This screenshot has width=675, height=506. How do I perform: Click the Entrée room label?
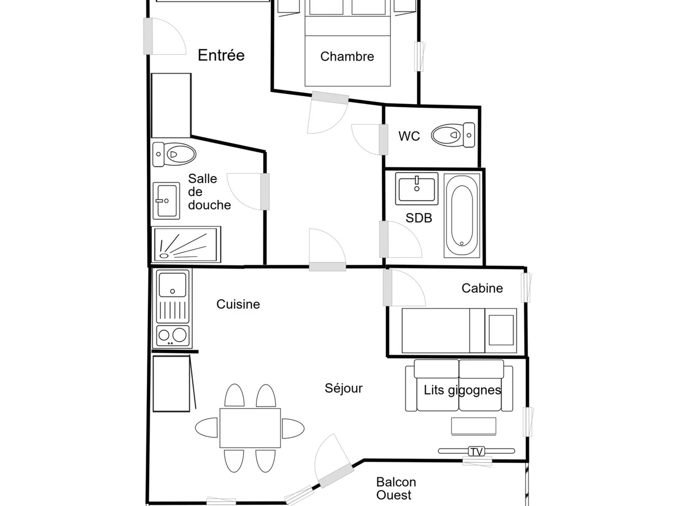(221, 55)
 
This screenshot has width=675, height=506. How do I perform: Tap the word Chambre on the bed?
(347, 57)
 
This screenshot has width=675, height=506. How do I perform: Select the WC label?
(409, 136)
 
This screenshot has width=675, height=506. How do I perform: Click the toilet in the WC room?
(453, 135)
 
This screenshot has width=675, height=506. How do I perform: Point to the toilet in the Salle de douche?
(174, 154)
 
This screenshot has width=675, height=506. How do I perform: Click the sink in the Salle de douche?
(166, 201)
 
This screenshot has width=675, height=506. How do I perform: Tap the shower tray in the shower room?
(186, 245)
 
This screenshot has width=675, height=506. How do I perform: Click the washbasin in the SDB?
(417, 189)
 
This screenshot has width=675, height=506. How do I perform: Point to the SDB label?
(419, 218)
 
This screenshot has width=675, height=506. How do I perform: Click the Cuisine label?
(238, 305)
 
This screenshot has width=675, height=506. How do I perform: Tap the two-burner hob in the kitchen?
(173, 336)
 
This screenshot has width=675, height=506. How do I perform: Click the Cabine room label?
(482, 288)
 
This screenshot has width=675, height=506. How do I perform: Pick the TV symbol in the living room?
(476, 451)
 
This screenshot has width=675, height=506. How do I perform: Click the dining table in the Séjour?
(250, 428)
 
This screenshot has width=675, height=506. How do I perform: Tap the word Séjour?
(344, 388)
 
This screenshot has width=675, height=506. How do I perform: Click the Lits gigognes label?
(462, 390)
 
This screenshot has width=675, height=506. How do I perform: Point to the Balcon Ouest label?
(396, 489)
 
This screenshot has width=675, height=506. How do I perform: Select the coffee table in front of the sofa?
(474, 426)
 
